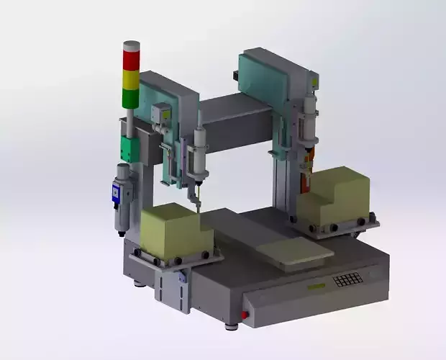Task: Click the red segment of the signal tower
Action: pyautogui.click(x=131, y=59)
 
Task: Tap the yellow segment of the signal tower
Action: pyautogui.click(x=131, y=78)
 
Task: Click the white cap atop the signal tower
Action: pyautogui.click(x=131, y=45)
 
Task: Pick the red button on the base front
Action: pyautogui.click(x=245, y=315)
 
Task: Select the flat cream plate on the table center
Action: pyautogui.click(x=295, y=252)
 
